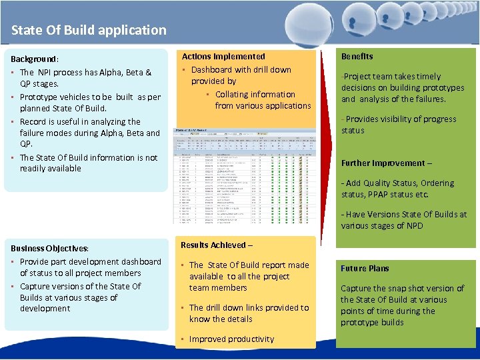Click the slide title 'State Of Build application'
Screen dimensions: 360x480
pyautogui.click(x=89, y=30)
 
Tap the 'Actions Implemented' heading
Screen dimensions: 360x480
pyautogui.click(x=223, y=57)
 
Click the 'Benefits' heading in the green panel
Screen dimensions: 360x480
pyautogui.click(x=357, y=57)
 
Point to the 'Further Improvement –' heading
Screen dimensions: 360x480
pyautogui.click(x=387, y=163)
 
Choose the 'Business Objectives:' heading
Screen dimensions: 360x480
pyautogui.click(x=50, y=248)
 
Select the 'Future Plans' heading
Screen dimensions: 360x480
pyautogui.click(x=365, y=269)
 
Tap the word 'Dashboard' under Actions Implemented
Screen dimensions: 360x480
pyautogui.click(x=212, y=69)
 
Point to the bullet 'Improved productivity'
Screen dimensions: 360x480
pyautogui.click(x=231, y=339)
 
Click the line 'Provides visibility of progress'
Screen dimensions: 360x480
pyautogui.click(x=401, y=119)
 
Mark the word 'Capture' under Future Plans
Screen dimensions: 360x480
pyautogui.click(x=358, y=289)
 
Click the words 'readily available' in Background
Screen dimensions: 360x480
pyautogui.click(x=51, y=169)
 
